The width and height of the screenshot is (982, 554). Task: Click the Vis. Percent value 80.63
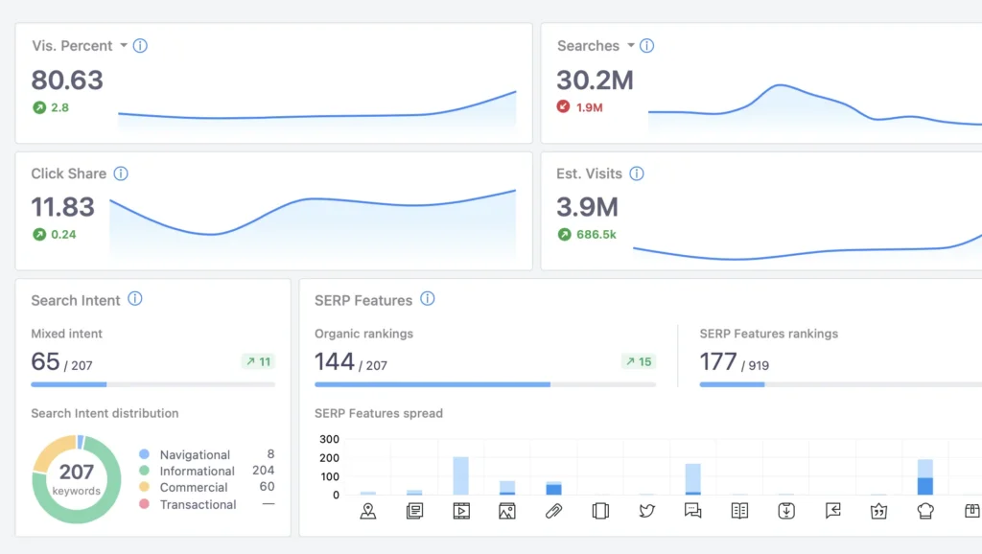point(67,80)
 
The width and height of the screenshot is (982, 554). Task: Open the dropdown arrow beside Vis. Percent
point(123,46)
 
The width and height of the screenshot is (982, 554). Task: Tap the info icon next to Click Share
point(121,173)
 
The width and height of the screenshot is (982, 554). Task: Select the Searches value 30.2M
point(595,80)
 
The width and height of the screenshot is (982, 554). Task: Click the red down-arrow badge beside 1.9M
point(564,107)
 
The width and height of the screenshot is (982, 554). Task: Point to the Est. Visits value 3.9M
point(587,206)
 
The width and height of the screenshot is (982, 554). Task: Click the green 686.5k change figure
point(596,234)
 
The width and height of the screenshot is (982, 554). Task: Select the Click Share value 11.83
point(63,206)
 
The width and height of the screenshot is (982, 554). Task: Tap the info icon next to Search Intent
point(135,299)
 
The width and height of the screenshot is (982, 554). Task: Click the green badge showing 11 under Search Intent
point(257,361)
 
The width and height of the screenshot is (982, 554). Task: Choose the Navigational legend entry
point(195,454)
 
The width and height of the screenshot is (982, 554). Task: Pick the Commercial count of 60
point(267,487)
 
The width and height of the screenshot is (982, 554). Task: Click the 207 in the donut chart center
point(77,472)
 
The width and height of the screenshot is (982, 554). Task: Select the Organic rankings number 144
point(335,361)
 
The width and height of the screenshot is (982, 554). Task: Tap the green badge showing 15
point(638,361)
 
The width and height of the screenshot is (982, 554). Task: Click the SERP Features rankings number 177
point(718,361)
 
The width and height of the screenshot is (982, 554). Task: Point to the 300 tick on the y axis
point(329,439)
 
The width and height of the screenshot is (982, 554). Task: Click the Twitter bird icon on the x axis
point(647,511)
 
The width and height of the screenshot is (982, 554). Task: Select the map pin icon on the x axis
point(368,511)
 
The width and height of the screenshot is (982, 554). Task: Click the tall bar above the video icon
point(461,475)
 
